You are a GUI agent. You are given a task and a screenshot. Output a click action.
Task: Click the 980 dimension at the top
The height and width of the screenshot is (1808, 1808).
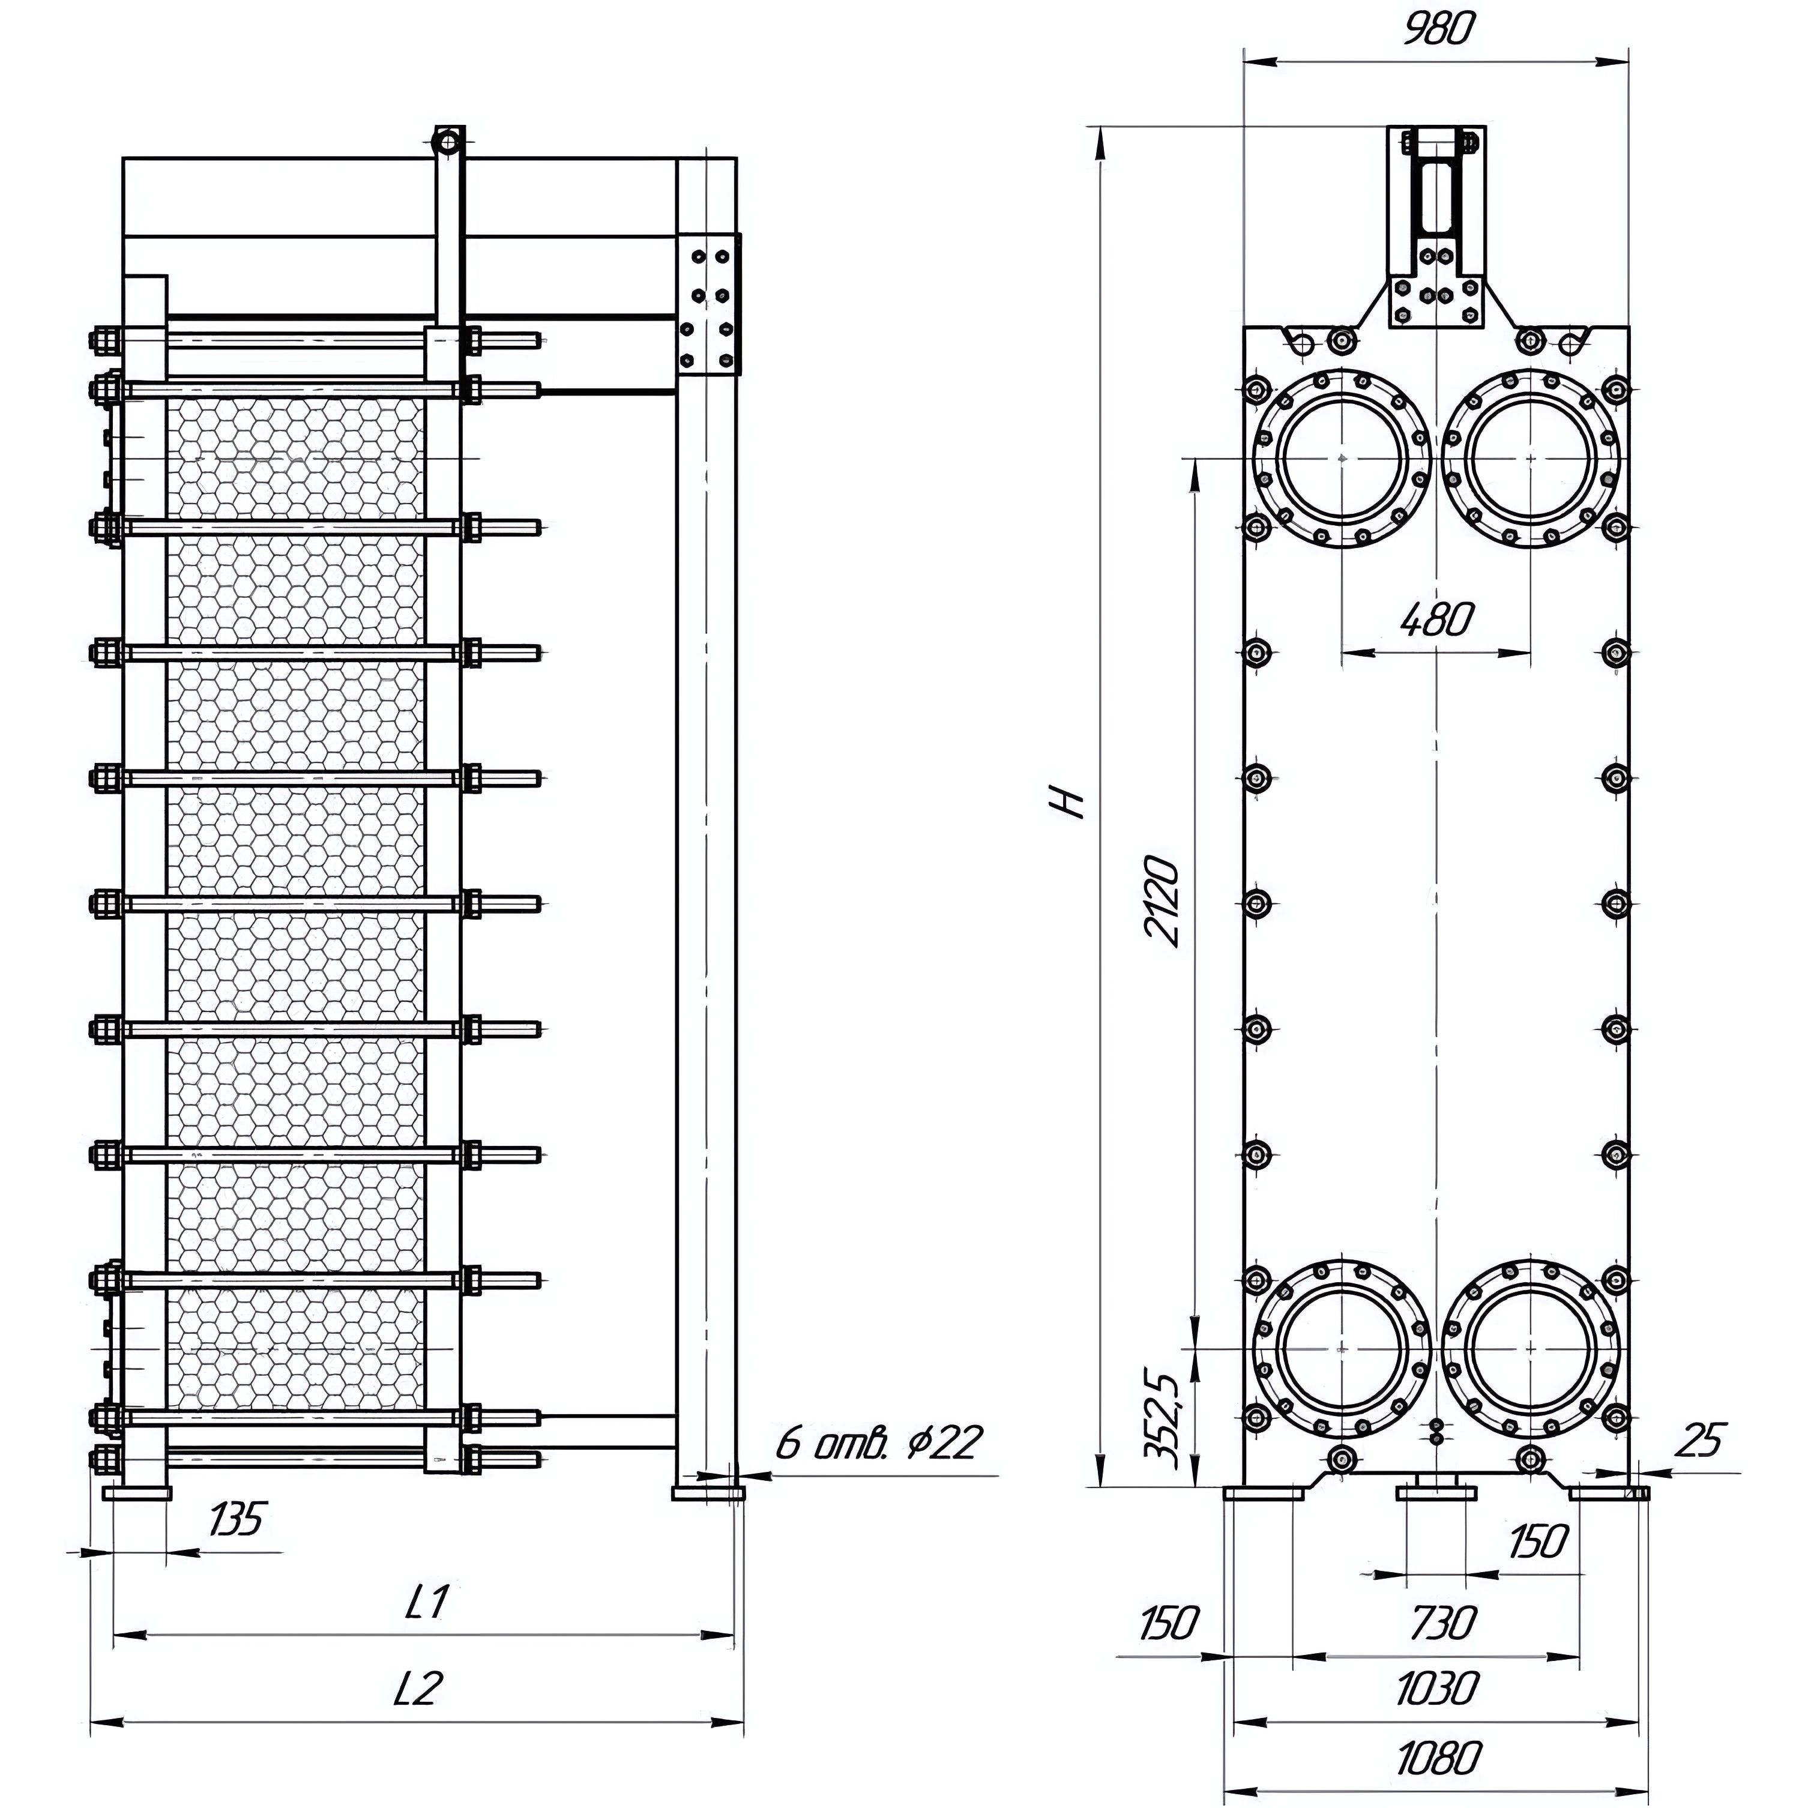pyautogui.click(x=1438, y=30)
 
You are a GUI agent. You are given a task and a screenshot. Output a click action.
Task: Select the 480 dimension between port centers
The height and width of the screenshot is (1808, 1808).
pyautogui.click(x=1438, y=619)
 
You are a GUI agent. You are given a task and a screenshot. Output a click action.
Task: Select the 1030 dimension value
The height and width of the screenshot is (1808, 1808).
pyautogui.click(x=1438, y=1690)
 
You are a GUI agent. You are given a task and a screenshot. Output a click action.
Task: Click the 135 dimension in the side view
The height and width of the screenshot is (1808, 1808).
pyautogui.click(x=236, y=1519)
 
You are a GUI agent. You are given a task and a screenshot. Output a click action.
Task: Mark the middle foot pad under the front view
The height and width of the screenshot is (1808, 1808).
pyautogui.click(x=1436, y=1490)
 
